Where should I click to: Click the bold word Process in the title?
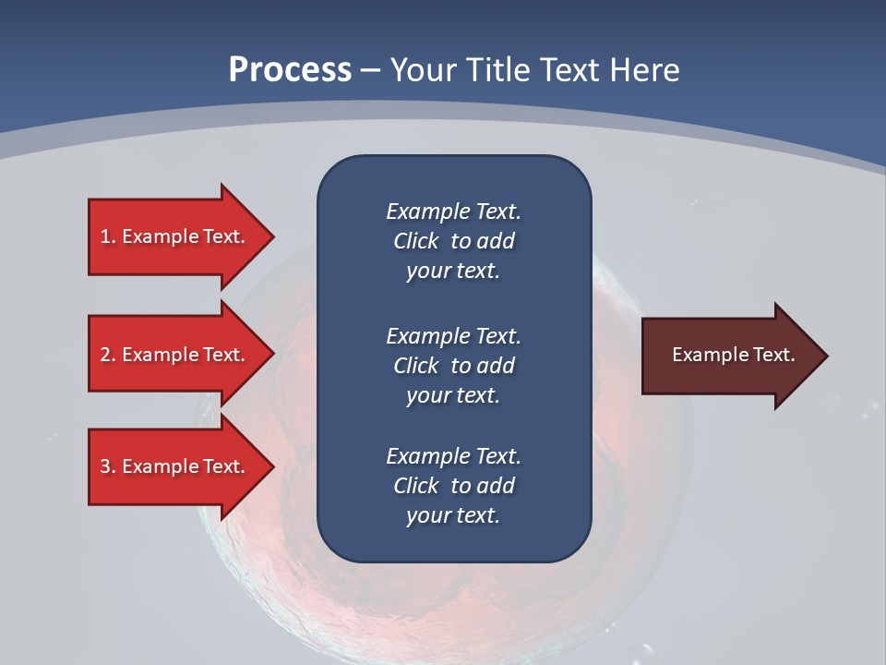pyautogui.click(x=290, y=70)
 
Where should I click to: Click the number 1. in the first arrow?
pyautogui.click(x=108, y=236)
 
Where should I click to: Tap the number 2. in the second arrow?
pyautogui.click(x=108, y=355)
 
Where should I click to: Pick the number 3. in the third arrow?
pyautogui.click(x=108, y=466)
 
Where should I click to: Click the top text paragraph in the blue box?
pyautogui.click(x=453, y=241)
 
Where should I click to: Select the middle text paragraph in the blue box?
pyautogui.click(x=453, y=366)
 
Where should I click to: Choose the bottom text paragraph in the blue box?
pyautogui.click(x=453, y=486)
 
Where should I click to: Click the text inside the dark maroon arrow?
pyautogui.click(x=733, y=355)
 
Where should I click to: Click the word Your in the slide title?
pyautogui.click(x=421, y=70)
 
